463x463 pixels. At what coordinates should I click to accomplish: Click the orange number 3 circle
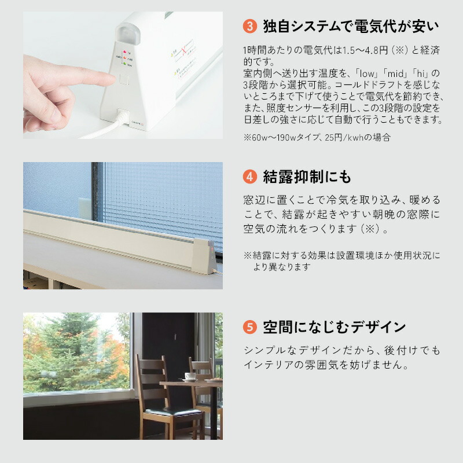coord(249,26)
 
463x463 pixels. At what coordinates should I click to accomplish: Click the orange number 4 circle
coord(249,176)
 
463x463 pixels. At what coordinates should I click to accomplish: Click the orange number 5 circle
coord(249,327)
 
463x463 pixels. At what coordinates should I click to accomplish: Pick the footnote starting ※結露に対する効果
coord(341,255)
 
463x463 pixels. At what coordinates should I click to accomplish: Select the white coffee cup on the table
coord(190,376)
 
